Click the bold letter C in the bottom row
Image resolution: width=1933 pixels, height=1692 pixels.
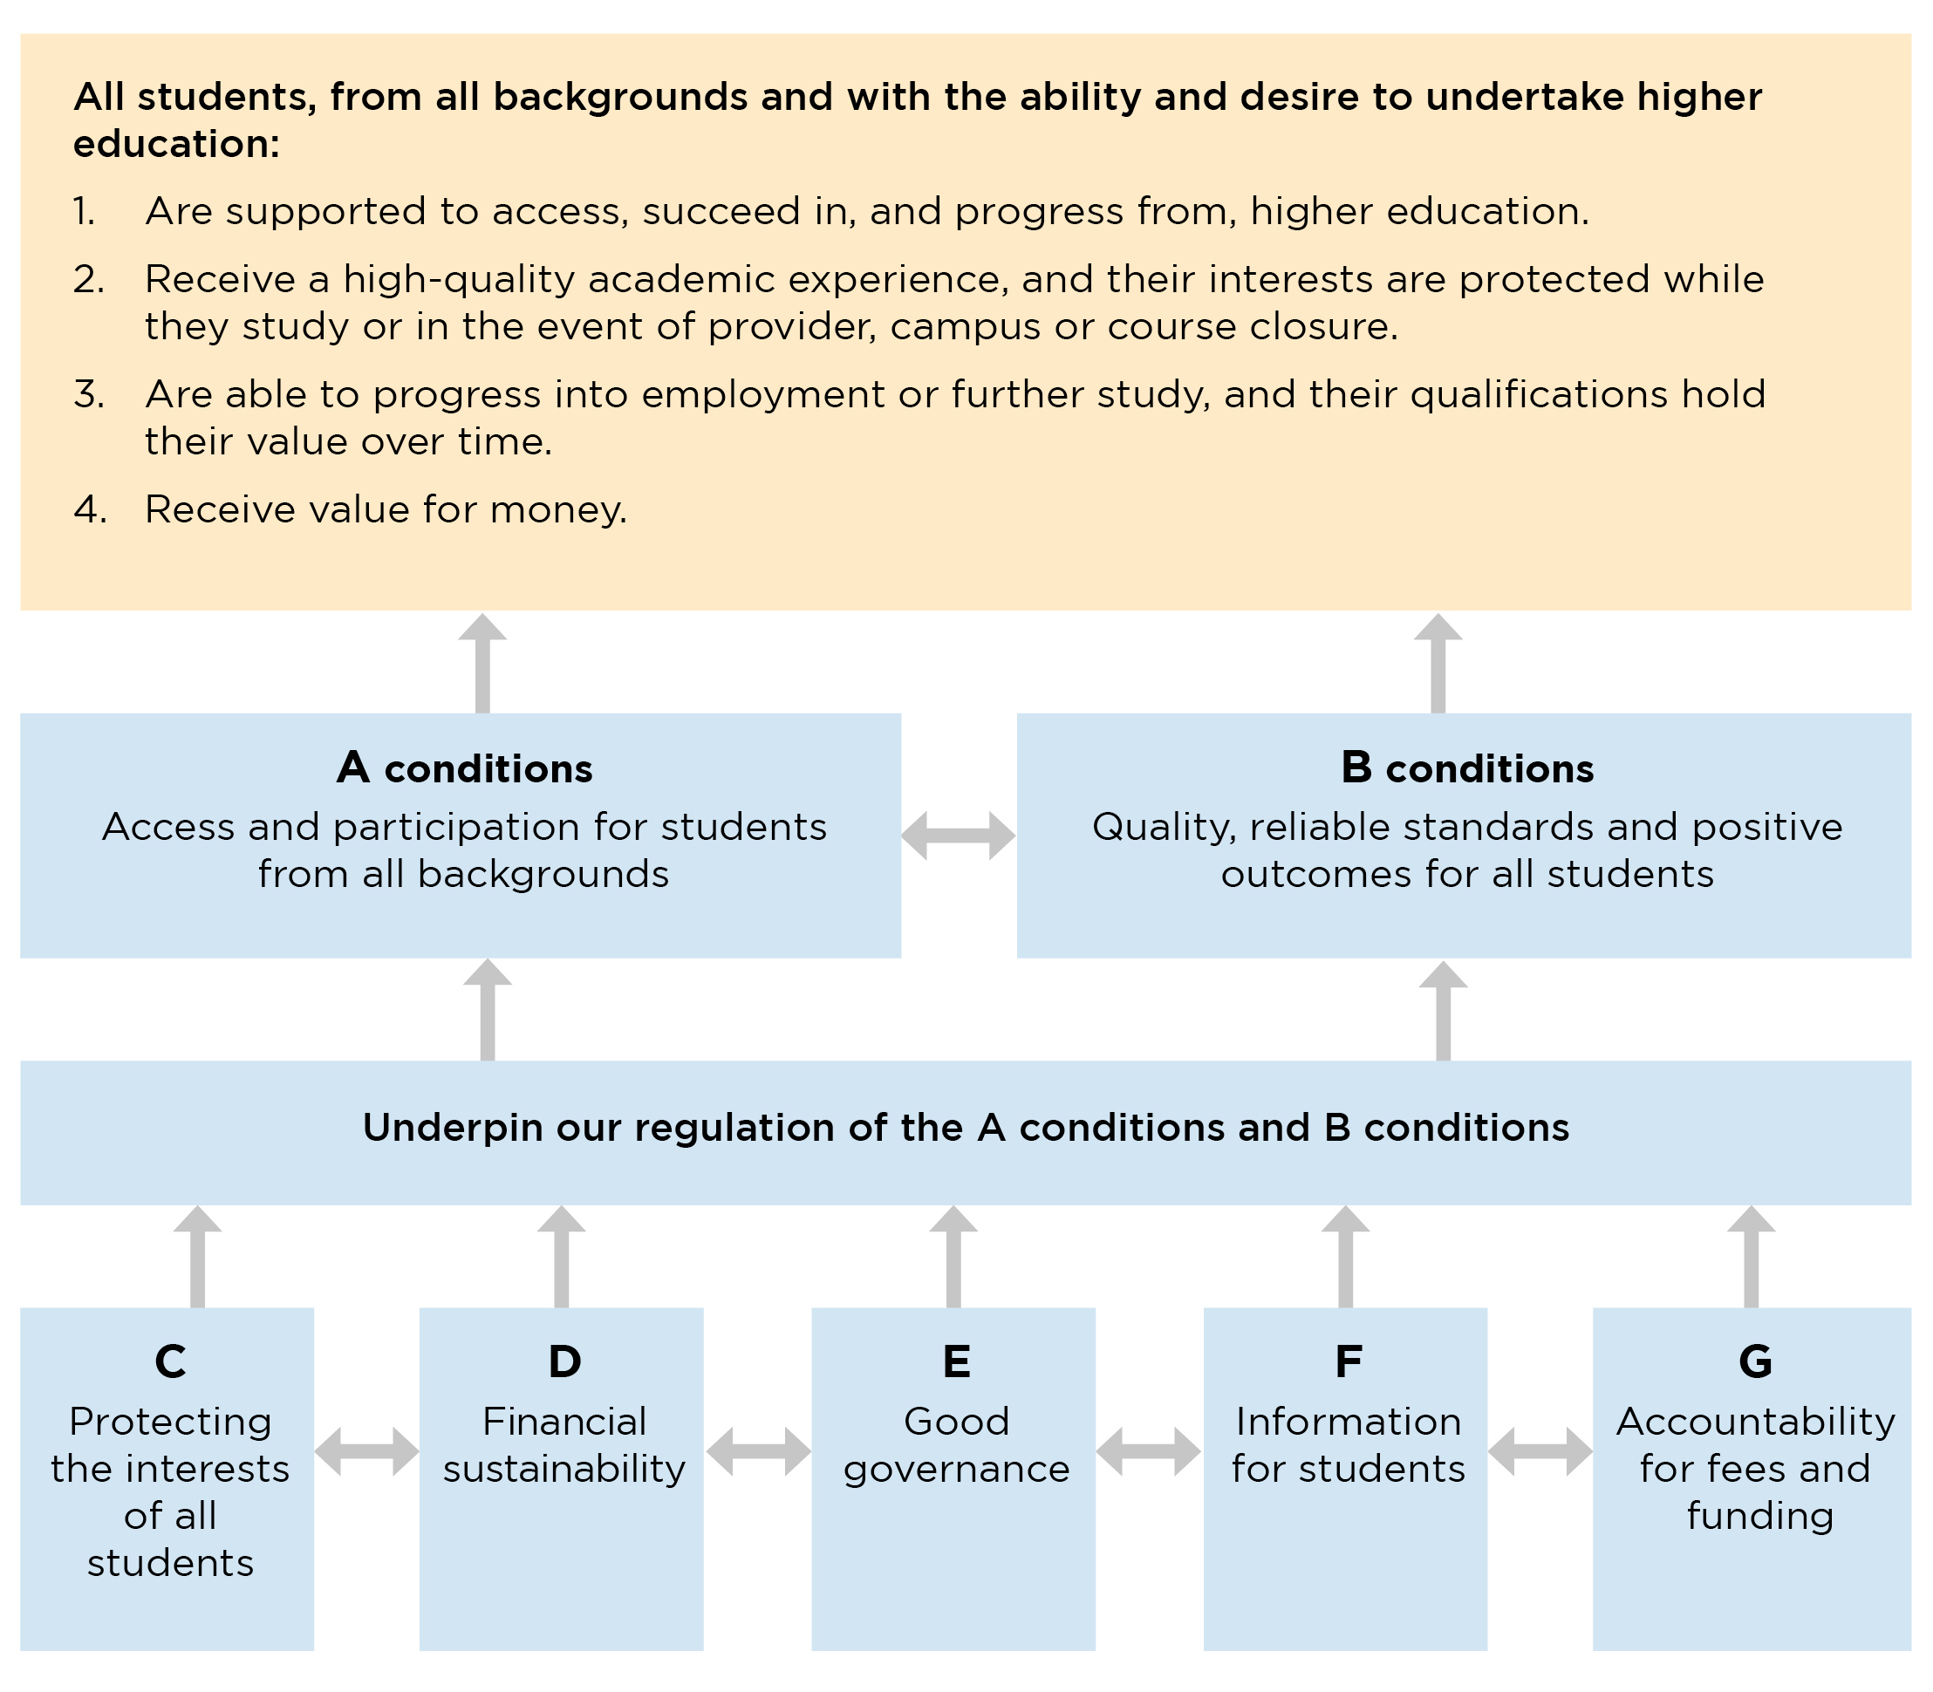(x=170, y=1361)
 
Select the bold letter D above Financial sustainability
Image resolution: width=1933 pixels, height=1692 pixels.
(x=564, y=1361)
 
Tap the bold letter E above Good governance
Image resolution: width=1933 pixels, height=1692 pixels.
(x=956, y=1361)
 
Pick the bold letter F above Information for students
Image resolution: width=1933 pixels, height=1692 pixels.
(x=1348, y=1361)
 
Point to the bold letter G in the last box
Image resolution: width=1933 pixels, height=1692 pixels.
(x=1754, y=1361)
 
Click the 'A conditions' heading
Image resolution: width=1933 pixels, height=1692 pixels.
(x=464, y=768)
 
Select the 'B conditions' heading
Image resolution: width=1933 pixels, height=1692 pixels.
(x=1466, y=768)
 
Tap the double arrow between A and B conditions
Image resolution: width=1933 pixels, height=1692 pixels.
(x=958, y=835)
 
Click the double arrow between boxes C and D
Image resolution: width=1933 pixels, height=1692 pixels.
(x=366, y=1451)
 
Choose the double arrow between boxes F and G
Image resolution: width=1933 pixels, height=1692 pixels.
(x=1540, y=1451)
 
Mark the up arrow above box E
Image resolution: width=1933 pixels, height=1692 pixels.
(x=953, y=1256)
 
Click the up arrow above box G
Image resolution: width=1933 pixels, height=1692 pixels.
(x=1751, y=1256)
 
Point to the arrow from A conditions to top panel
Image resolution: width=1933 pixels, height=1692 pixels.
(x=482, y=663)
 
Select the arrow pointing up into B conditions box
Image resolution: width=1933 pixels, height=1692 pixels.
(x=1443, y=1010)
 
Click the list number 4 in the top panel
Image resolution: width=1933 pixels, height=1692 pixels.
(x=89, y=510)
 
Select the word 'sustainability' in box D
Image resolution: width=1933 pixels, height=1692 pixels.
(x=564, y=1470)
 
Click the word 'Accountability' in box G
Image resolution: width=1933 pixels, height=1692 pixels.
(x=1754, y=1422)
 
